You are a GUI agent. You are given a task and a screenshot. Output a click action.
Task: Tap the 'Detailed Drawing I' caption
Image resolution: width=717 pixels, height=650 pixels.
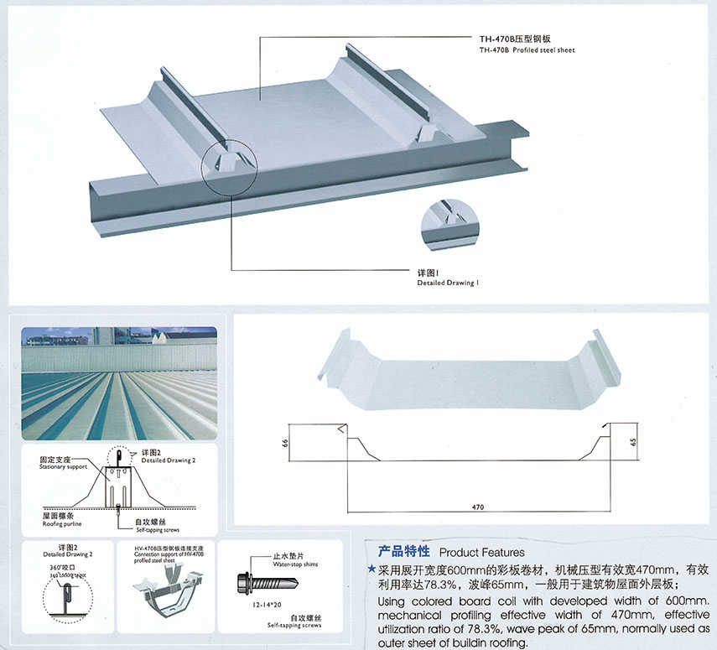[x=448, y=283]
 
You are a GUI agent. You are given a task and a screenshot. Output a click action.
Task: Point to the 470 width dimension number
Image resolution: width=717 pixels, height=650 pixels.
[x=478, y=507]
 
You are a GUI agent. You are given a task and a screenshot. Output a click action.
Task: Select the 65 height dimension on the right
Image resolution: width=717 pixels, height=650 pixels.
[x=635, y=440]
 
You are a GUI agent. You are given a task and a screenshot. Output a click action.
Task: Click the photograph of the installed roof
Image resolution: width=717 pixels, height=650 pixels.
[x=118, y=383]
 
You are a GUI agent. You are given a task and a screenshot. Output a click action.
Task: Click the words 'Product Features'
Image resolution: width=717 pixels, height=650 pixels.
[x=481, y=553]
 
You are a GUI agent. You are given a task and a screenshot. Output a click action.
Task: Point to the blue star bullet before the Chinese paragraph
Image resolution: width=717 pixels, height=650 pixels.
[x=371, y=569]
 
